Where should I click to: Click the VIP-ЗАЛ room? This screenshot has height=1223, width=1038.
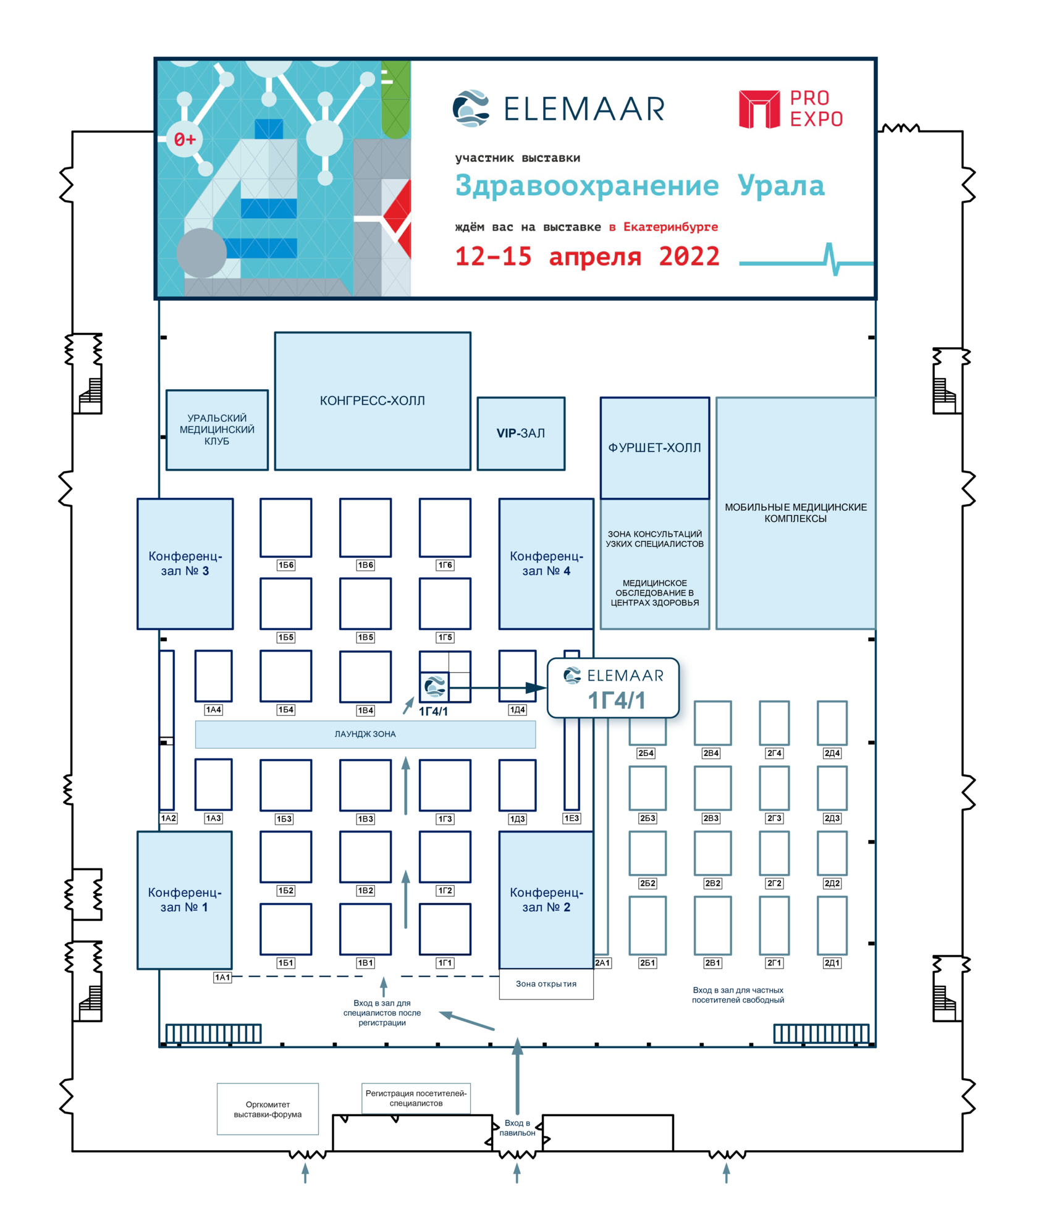tap(520, 433)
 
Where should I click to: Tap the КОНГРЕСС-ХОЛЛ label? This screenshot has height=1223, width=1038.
tap(372, 401)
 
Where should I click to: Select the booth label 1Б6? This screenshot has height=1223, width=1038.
tap(285, 565)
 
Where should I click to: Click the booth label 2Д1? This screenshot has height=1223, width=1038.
tap(832, 962)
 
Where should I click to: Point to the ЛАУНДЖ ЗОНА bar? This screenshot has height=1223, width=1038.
tap(365, 734)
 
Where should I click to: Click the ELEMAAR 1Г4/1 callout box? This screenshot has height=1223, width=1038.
tap(614, 688)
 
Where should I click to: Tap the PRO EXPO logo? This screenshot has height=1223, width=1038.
tap(790, 109)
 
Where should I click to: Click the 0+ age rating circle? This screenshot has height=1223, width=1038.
tap(185, 139)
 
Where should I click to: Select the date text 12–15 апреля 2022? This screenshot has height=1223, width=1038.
tap(587, 256)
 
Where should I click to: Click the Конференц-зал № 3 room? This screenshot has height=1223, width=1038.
tap(185, 563)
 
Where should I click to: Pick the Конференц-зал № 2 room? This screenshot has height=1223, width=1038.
tap(546, 899)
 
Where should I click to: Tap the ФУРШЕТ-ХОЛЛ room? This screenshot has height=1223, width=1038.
tap(654, 448)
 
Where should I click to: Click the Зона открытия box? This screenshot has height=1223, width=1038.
tap(546, 984)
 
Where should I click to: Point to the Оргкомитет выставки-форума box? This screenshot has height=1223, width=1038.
tap(268, 1109)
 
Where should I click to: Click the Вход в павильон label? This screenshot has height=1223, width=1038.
tap(517, 1128)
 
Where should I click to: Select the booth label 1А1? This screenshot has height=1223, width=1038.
tap(222, 977)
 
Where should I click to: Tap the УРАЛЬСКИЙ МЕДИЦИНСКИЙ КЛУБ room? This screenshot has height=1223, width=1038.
tap(217, 429)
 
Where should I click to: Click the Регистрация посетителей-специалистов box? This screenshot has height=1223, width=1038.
tap(416, 1098)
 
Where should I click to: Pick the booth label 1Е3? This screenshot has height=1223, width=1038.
tap(572, 818)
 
